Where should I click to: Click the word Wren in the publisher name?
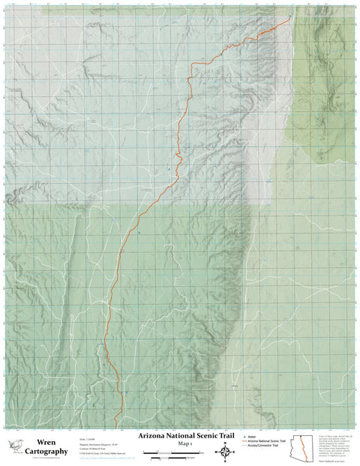coord(46,442)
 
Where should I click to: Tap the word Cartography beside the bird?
coord(46,452)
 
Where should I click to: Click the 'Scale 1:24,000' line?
coord(89,437)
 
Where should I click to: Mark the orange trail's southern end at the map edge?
coord(115,425)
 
